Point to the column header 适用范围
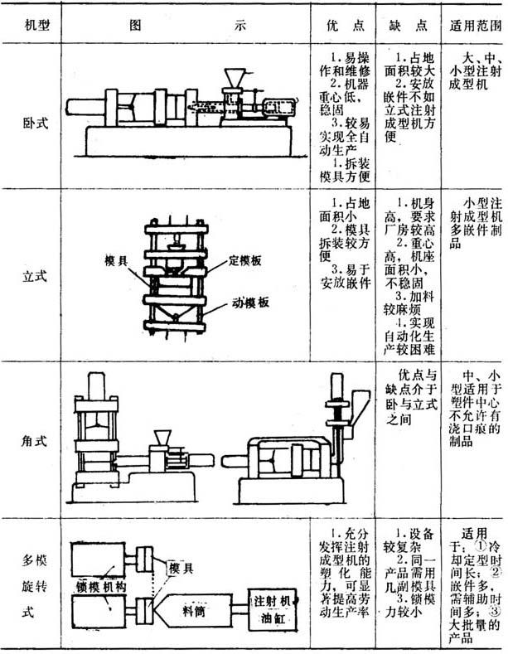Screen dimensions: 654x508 tap(474, 26)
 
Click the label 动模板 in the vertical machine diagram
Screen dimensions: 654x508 tap(250, 303)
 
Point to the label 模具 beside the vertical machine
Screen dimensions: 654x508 tap(116, 259)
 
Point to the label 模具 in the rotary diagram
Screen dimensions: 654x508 tap(181, 568)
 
